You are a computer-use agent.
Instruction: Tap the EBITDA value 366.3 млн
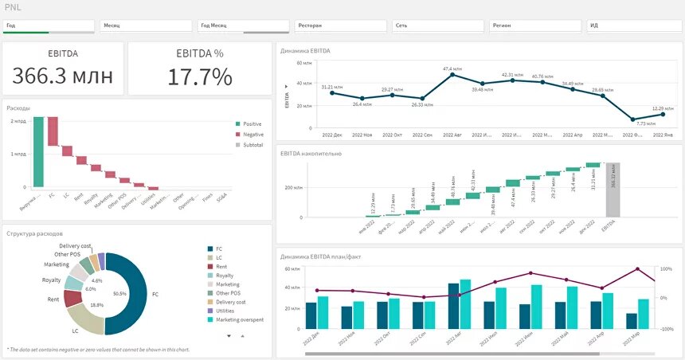pyautogui.click(x=63, y=76)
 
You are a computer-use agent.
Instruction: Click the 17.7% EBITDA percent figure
pyautogui.click(x=200, y=77)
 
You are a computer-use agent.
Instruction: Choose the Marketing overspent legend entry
pyautogui.click(x=236, y=319)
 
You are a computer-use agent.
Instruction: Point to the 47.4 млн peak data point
pyautogui.click(x=452, y=75)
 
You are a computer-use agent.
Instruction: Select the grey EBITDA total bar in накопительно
pyautogui.click(x=613, y=190)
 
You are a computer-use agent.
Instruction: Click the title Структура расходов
pyautogui.click(x=37, y=233)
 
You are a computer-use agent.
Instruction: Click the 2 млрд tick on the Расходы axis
pyautogui.click(x=18, y=121)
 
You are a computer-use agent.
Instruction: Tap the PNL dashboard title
pyautogui.click(x=14, y=7)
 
